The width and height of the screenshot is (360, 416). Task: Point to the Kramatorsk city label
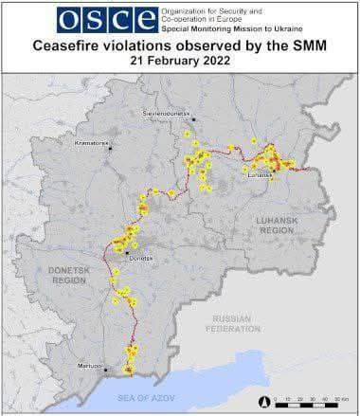[x=92, y=143]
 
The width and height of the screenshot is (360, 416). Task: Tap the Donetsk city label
[x=139, y=257]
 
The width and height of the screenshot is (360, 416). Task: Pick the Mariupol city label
[x=91, y=366]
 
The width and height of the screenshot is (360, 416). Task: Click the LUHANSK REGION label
[x=276, y=225]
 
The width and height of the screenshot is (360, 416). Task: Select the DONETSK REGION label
[x=67, y=276]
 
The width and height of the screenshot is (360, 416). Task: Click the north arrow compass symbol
[x=260, y=401]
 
